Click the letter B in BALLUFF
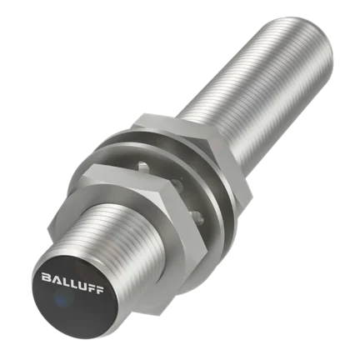click(x=45, y=277)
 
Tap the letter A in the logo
click(x=54, y=279)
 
